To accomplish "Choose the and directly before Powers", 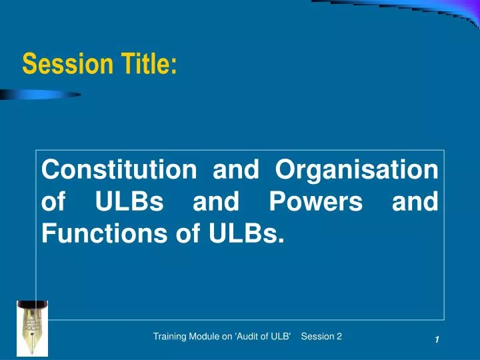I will [x=215, y=202].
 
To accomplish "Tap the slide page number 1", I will [x=437, y=341].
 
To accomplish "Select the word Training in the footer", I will [x=170, y=337].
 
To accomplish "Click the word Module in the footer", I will [x=209, y=337].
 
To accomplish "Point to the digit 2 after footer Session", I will [x=339, y=337].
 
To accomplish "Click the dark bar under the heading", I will [x=40, y=95].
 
